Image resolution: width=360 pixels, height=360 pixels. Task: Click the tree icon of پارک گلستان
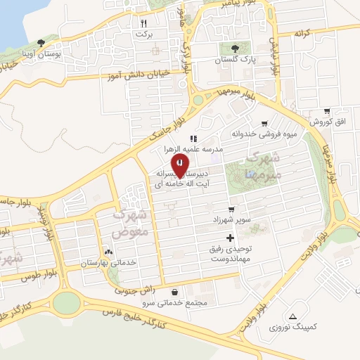pyautogui.click(x=235, y=49)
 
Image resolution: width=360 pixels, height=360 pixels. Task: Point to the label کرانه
pyautogui.click(x=302, y=33)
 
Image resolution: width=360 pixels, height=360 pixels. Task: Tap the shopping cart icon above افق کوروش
pyautogui.click(x=327, y=111)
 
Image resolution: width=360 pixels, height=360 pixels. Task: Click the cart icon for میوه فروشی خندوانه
pyautogui.click(x=264, y=123)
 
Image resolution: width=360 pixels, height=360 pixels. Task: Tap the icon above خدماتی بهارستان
pyautogui.click(x=108, y=250)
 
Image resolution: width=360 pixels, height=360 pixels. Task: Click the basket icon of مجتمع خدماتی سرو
pyautogui.click(x=174, y=291)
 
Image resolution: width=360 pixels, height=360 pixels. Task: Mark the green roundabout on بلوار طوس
pyautogui.click(x=65, y=303)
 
